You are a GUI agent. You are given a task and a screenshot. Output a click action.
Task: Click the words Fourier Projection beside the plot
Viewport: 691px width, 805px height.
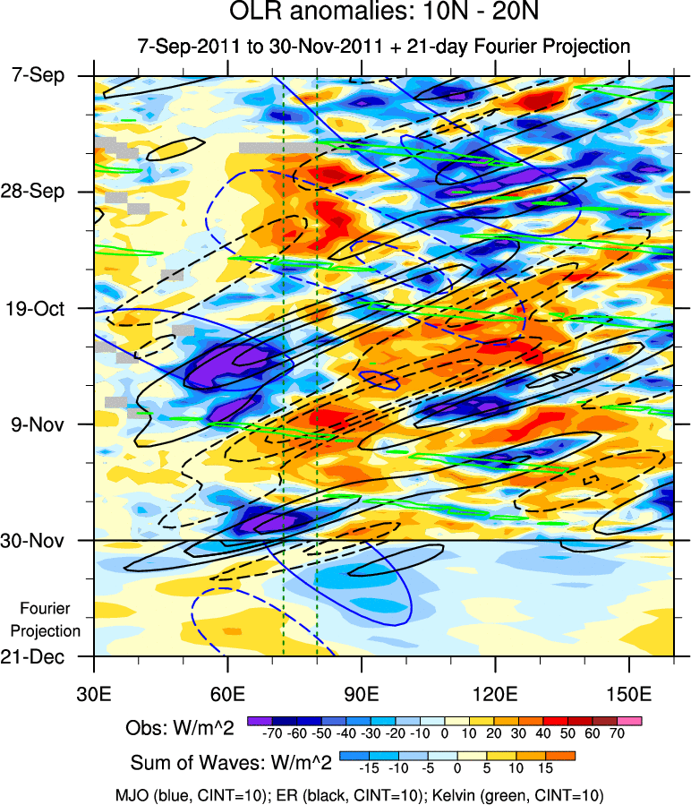coord(51,620)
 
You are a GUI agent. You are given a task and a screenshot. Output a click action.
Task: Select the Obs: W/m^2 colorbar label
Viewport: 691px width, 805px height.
coord(180,729)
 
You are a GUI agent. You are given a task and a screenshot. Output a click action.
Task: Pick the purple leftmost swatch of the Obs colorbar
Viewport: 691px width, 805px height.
coord(259,720)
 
